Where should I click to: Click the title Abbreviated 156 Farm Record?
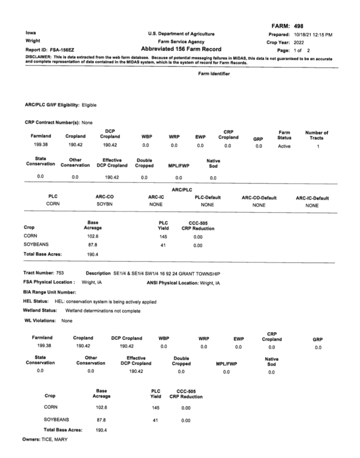point(181,49)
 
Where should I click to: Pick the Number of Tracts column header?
point(317,135)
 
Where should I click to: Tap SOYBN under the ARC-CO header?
point(105,205)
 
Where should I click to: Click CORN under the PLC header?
point(53,205)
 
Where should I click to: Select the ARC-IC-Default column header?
point(312,198)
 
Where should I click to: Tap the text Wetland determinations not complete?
point(103,311)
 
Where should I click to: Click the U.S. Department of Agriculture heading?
point(181,34)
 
